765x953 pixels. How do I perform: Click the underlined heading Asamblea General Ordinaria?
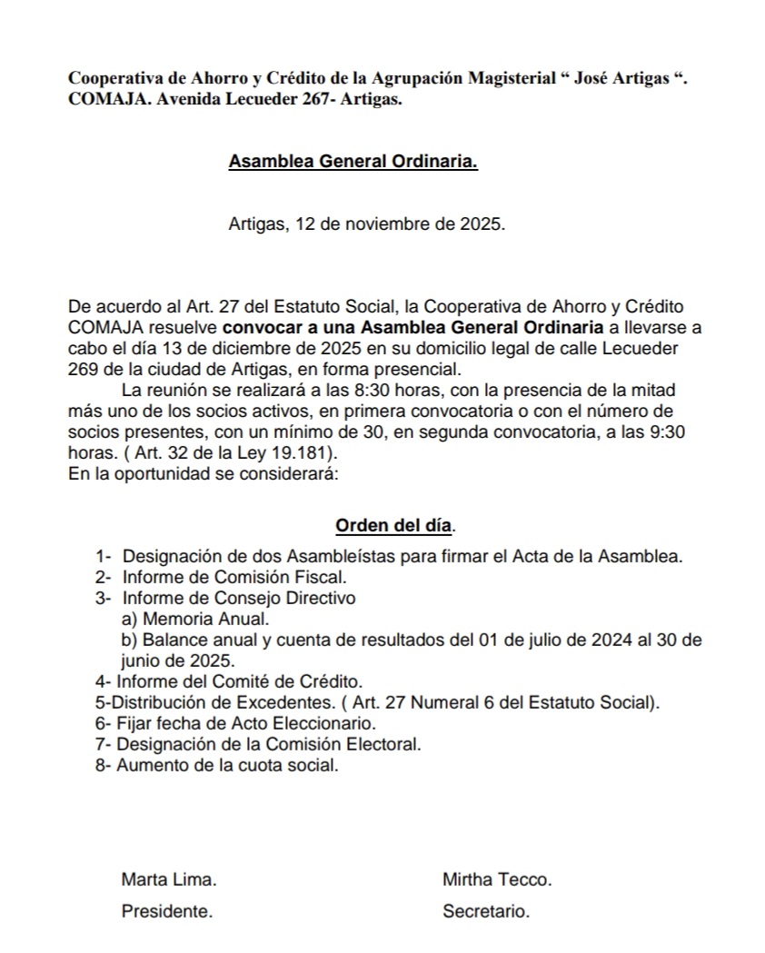[x=353, y=162]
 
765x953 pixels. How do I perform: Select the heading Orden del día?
[x=394, y=526]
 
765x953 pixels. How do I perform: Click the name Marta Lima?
[x=169, y=879]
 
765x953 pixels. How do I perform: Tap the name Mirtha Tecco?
[x=497, y=879]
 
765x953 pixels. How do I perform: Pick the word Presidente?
[x=167, y=912]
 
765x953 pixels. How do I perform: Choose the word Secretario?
[x=486, y=912]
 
